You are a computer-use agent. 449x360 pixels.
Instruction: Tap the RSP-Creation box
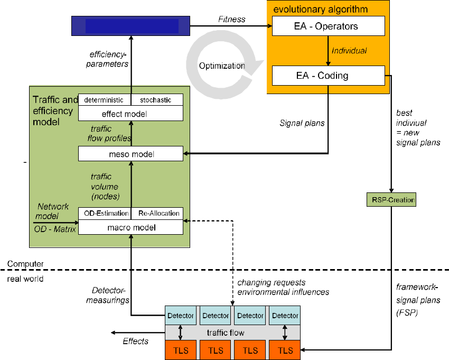391,200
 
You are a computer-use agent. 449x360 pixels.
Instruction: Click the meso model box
130,154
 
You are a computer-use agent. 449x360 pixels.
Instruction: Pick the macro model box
130,227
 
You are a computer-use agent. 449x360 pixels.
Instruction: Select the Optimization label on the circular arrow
222,66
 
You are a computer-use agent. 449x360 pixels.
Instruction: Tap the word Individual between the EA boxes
349,51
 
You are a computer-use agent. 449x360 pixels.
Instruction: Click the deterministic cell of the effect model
104,100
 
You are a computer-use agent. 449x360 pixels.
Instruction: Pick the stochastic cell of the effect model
157,100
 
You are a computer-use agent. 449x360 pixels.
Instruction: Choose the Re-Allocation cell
158,213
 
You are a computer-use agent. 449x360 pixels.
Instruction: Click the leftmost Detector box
181,316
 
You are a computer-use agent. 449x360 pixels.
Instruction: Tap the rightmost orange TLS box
285,350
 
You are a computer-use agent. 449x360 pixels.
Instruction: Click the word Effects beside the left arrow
136,341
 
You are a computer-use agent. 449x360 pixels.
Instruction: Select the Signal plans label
302,123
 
